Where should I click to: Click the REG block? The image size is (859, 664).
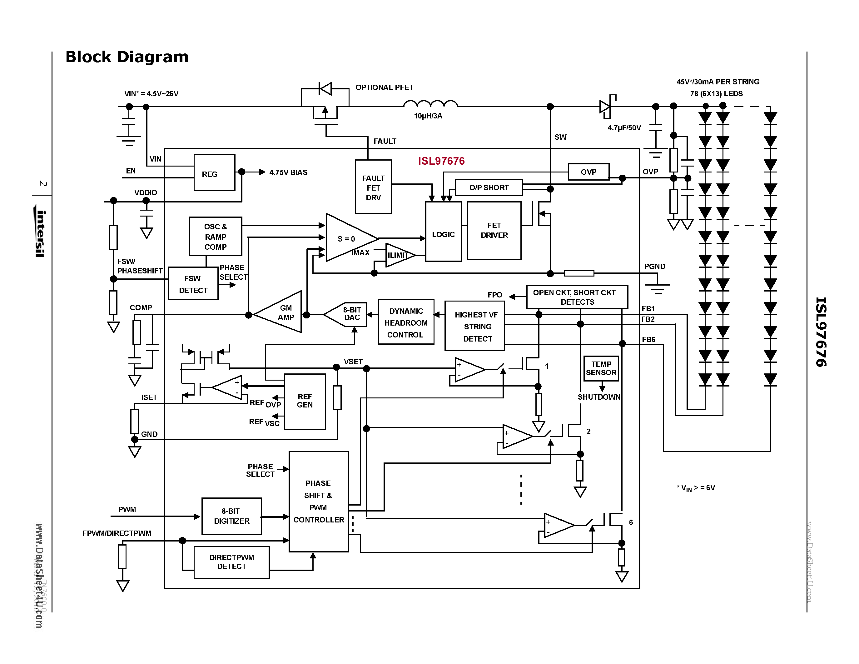pyautogui.click(x=214, y=173)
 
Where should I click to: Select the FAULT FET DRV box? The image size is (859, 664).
pyautogui.click(x=373, y=187)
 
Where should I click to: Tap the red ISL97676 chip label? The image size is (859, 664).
pyautogui.click(x=441, y=161)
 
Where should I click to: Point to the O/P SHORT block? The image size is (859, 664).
pyautogui.click(x=489, y=187)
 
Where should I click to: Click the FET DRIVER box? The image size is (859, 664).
pyautogui.click(x=494, y=231)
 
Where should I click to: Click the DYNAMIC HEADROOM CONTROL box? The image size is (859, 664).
pyautogui.click(x=406, y=322)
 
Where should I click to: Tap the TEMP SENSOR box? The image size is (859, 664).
pyautogui.click(x=601, y=368)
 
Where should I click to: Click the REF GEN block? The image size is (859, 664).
pyautogui.click(x=305, y=401)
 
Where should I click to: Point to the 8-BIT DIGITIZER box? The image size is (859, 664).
pyautogui.click(x=231, y=516)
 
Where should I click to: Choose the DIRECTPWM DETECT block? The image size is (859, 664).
pyautogui.click(x=231, y=562)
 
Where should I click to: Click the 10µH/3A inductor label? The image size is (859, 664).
pyautogui.click(x=428, y=116)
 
